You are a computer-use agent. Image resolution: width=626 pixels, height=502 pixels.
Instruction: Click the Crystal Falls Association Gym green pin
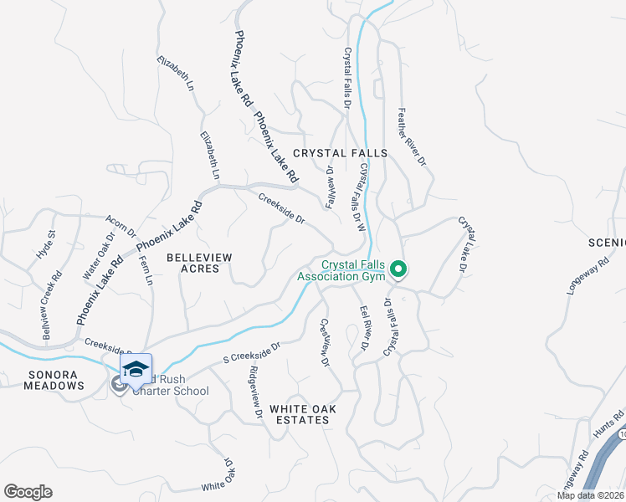pyautogui.click(x=399, y=269)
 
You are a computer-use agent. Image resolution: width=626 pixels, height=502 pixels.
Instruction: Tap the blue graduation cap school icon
pyautogui.click(x=136, y=369)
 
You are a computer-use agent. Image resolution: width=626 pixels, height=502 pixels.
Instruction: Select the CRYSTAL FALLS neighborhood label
pyautogui.click(x=340, y=153)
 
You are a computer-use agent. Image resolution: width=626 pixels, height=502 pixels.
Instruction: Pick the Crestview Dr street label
pyautogui.click(x=326, y=342)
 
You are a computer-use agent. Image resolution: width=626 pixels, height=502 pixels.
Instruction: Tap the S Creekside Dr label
pyautogui.click(x=251, y=354)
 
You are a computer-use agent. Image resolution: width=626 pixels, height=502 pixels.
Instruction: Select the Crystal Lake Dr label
pyautogui.click(x=462, y=244)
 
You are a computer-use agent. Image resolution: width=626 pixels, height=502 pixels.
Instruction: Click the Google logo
pyautogui.click(x=28, y=492)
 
